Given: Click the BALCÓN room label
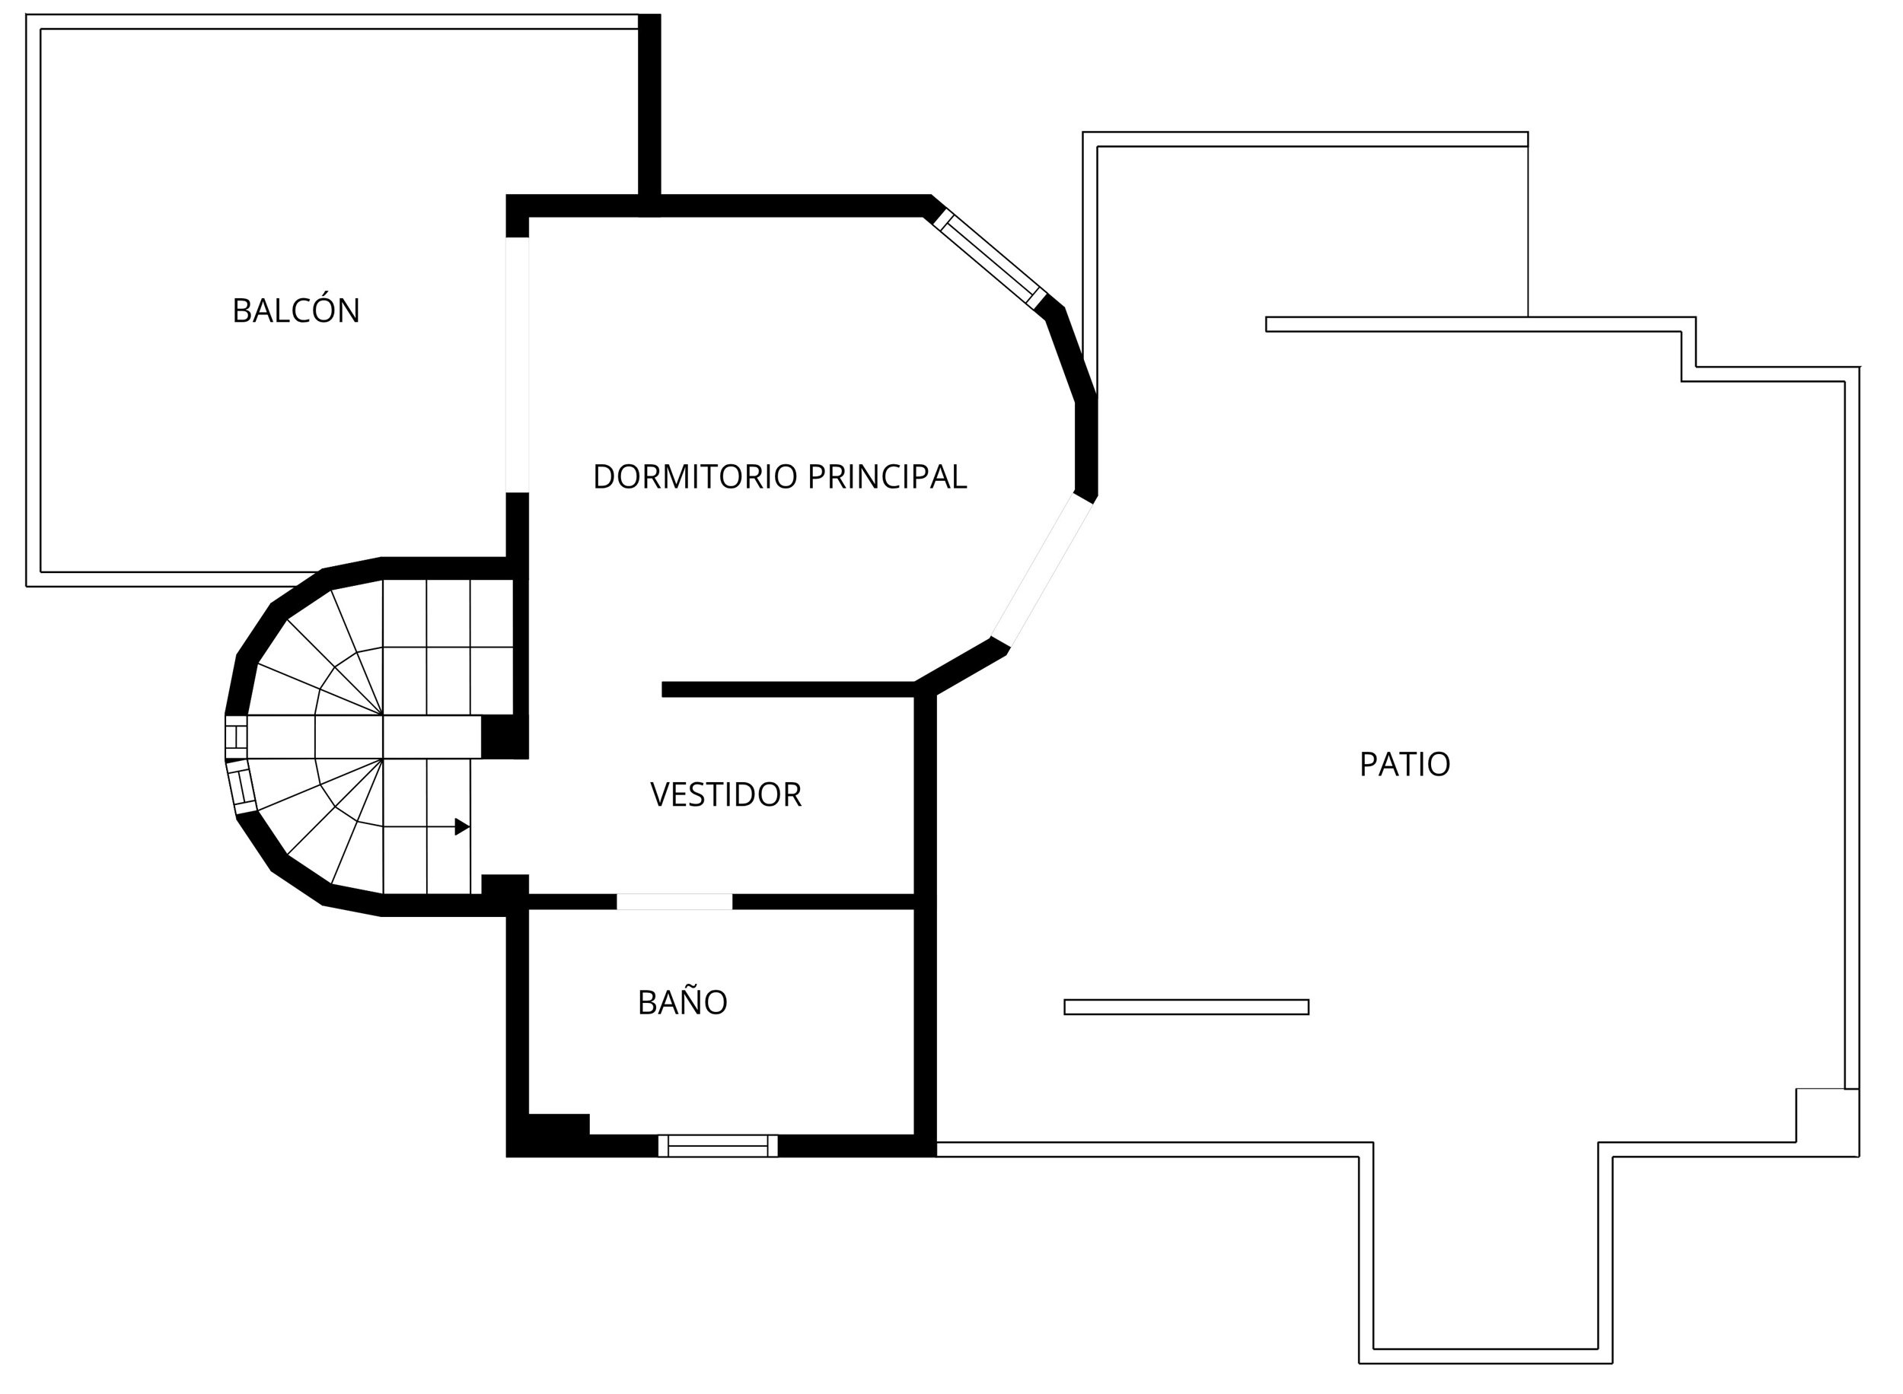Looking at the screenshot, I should pos(296,310).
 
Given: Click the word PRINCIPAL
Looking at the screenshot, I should pos(886,478).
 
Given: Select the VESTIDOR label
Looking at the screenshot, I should pos(725,795).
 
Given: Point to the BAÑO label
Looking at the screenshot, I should pos(682,1002).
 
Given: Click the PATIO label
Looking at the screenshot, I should pos(1404,765).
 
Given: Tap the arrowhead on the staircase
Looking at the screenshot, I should pos(461,827).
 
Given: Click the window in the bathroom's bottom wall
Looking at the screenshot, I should pos(717,1146).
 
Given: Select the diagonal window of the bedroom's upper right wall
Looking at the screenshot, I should pos(989,257).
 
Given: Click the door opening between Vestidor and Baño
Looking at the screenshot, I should pos(674,901).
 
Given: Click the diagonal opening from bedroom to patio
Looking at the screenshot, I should pos(1042,571).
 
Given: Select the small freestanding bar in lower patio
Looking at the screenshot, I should pos(1186,1007).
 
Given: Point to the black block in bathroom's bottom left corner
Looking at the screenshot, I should pos(557,1125).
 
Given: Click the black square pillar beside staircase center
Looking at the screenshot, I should pos(504,737).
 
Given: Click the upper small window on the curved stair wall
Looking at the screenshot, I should pos(236,737).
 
